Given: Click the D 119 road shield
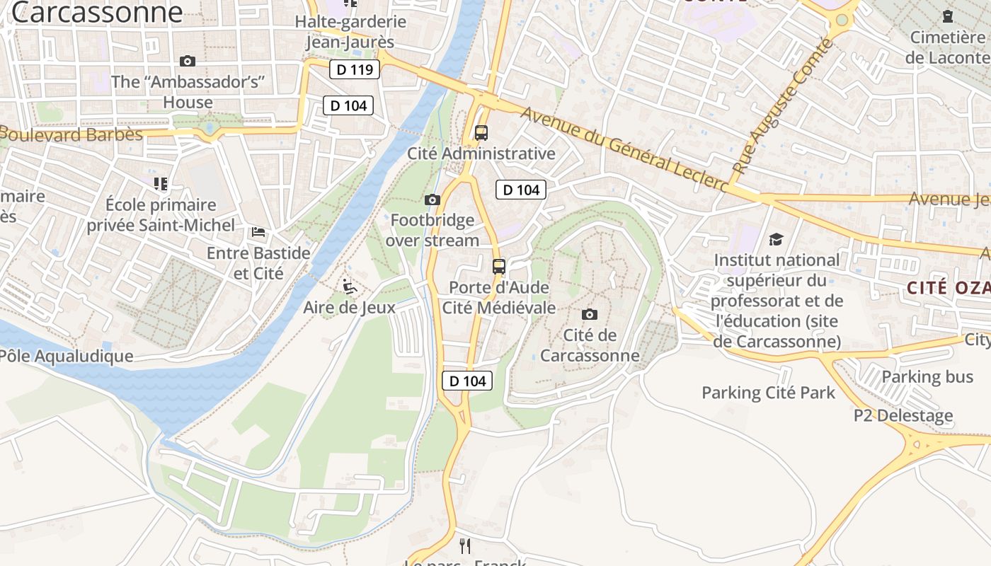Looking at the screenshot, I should pyautogui.click(x=355, y=69).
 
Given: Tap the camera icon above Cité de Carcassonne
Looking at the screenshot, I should pyautogui.click(x=589, y=314).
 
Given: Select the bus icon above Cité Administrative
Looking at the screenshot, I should pyautogui.click(x=481, y=132).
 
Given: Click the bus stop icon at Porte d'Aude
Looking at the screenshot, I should pyautogui.click(x=499, y=267).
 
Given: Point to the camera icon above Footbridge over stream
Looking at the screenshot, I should pyautogui.click(x=433, y=200).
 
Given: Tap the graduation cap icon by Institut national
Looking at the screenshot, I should pyautogui.click(x=777, y=239).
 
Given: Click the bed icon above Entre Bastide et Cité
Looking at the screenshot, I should pyautogui.click(x=258, y=232).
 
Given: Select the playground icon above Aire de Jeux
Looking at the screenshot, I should pyautogui.click(x=349, y=287).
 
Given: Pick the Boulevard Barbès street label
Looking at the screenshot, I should pyautogui.click(x=71, y=134).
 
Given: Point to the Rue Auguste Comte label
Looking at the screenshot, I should pyautogui.click(x=784, y=106).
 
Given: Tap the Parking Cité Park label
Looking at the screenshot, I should pyautogui.click(x=768, y=393).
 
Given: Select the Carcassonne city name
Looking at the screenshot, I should pyautogui.click(x=97, y=12).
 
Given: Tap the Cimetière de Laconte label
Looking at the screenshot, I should pyautogui.click(x=948, y=47).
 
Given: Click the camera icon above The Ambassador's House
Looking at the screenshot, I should pyautogui.click(x=188, y=62).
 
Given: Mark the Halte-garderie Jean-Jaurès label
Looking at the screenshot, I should pyautogui.click(x=350, y=32).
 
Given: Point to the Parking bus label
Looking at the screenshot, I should pyautogui.click(x=927, y=376).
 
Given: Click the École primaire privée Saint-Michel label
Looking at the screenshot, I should pyautogui.click(x=161, y=215).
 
